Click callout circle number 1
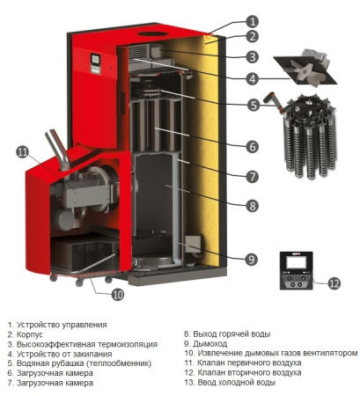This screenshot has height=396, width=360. click(252, 20)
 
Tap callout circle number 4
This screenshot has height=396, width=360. click(252, 78)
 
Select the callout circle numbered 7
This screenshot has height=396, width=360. click(252, 176)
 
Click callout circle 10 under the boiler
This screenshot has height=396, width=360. click(117, 294)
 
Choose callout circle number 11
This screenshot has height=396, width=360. click(23, 152)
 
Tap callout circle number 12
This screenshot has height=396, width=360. click(333, 283)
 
